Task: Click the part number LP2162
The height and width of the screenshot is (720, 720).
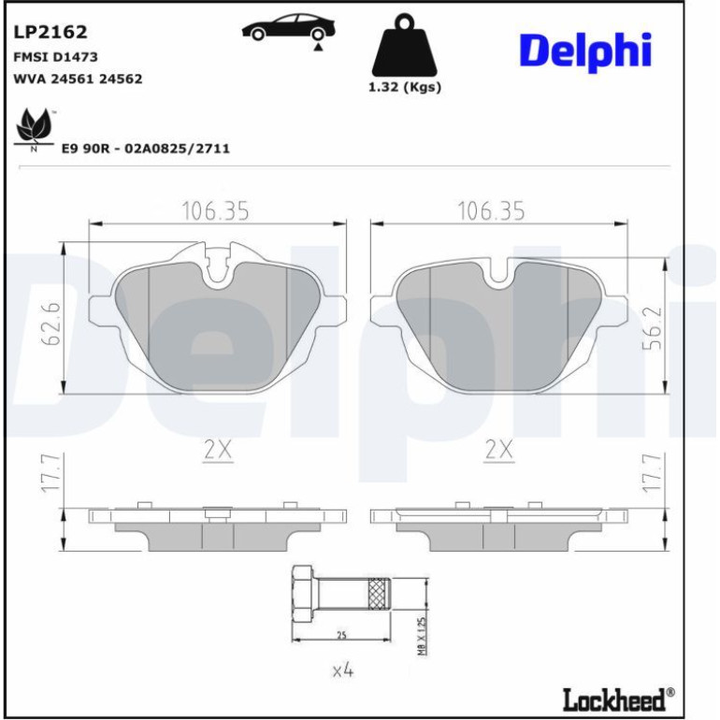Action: click(x=50, y=32)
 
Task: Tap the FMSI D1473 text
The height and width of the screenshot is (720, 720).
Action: click(x=55, y=57)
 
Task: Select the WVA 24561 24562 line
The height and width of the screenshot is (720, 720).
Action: click(x=78, y=79)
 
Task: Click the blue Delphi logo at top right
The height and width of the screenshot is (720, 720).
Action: click(x=585, y=51)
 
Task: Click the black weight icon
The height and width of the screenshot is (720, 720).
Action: click(x=405, y=46)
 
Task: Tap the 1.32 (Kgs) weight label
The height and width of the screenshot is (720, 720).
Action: click(x=405, y=87)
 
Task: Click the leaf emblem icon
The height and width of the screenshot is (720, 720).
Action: click(x=33, y=129)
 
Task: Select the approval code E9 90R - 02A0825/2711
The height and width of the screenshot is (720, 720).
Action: click(x=146, y=149)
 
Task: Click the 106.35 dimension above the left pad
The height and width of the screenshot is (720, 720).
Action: click(x=216, y=211)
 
